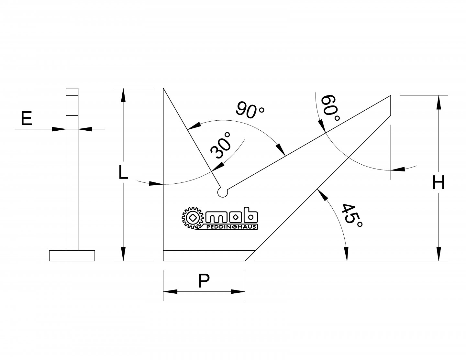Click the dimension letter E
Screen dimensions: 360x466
[x=27, y=118]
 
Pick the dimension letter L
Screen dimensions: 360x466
[x=123, y=172]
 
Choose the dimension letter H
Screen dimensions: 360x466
[x=439, y=183]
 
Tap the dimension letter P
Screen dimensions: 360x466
[x=204, y=281]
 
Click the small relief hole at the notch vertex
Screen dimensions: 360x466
[x=222, y=192]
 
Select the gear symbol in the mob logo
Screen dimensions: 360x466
[x=193, y=218]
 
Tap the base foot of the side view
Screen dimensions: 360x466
[x=72, y=256]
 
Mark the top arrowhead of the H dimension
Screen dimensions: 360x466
[x=439, y=102]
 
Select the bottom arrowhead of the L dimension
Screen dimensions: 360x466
[x=123, y=254]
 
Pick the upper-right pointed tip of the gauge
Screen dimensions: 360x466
[x=391, y=96]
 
